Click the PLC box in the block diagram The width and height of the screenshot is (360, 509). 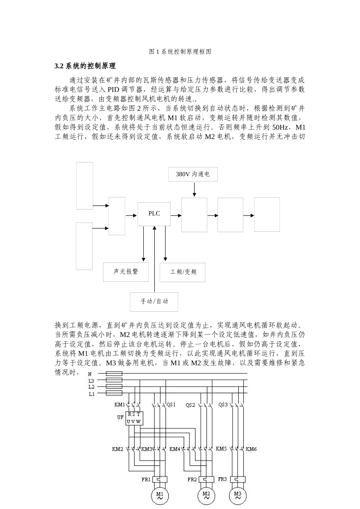[x=154, y=214]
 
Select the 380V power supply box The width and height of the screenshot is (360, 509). [x=193, y=174]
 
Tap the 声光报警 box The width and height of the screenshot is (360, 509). [x=126, y=272]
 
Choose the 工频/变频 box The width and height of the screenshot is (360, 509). [x=182, y=272]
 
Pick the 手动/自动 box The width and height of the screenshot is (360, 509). [x=154, y=301]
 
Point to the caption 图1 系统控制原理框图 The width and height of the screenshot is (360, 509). [x=180, y=52]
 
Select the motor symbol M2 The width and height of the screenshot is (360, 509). [x=206, y=495]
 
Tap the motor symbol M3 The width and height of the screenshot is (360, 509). [x=238, y=495]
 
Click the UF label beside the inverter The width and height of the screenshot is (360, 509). [x=120, y=417]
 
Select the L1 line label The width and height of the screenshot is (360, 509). [x=91, y=394]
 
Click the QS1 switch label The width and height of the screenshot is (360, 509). [x=171, y=404]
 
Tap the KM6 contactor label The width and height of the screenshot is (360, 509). [x=251, y=449]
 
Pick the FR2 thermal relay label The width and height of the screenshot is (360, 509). [x=192, y=479]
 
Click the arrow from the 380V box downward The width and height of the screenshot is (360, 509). [x=194, y=189]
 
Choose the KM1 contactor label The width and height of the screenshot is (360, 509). [x=119, y=404]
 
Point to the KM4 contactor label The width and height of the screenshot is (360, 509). [x=175, y=449]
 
